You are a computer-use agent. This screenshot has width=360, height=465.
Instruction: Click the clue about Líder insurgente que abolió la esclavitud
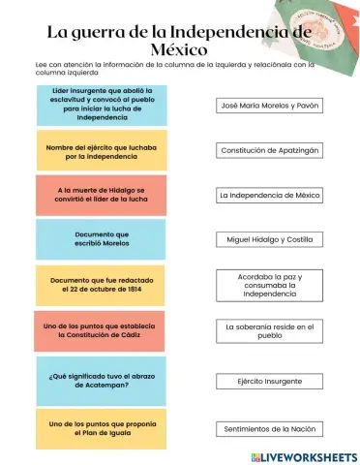101,104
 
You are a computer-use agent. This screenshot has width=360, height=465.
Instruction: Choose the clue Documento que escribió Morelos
101,239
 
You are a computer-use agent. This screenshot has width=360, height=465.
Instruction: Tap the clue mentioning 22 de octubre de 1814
101,285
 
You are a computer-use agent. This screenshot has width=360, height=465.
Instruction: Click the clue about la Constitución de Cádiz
101,330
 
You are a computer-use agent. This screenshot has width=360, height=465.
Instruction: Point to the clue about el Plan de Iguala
101,428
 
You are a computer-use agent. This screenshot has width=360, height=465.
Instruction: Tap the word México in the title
180,47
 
